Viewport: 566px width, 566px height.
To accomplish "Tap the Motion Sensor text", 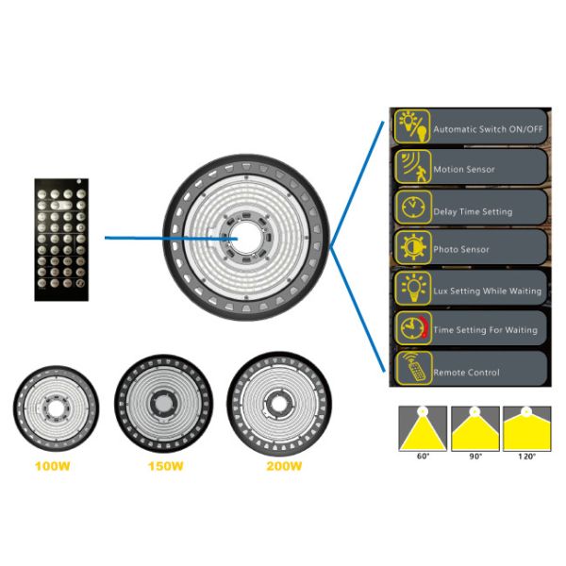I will pos(464,170).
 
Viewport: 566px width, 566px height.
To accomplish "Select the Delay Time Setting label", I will pos(473,211).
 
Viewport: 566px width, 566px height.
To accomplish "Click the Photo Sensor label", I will pos(461,250).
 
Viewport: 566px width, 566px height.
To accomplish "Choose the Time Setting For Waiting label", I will pos(485,330).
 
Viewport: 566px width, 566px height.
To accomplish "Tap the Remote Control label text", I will pos(466,373).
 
